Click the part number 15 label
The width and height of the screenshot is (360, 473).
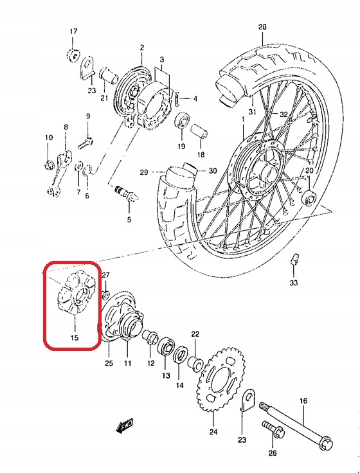coord(75,337)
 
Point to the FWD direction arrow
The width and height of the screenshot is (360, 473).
coord(124,425)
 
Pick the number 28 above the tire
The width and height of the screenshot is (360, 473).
coord(262,27)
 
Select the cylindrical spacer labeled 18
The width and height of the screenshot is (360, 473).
coord(199,132)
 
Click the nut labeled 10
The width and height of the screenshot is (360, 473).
coord(49,165)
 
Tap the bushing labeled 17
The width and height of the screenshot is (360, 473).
coord(73,55)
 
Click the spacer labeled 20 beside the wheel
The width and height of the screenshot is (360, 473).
coord(310,197)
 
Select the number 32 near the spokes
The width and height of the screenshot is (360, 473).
coord(283,114)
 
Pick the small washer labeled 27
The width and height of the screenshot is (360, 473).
coord(106,294)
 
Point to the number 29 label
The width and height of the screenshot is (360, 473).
coord(144,172)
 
